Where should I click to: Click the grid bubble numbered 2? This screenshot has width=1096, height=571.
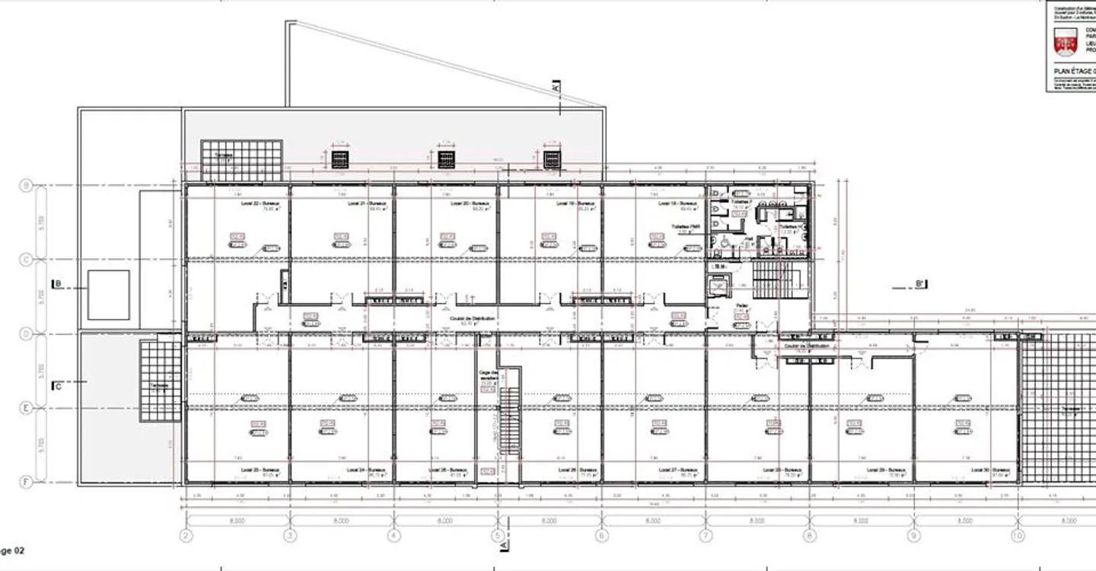185,536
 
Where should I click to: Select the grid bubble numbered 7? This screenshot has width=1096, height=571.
706,536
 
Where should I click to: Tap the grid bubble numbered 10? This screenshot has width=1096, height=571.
1017,536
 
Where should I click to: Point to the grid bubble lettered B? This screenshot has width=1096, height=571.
25,185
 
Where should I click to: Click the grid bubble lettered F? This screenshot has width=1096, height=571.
25,482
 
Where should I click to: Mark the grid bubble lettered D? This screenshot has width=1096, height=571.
25,333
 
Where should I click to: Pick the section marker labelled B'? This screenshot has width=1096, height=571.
919,285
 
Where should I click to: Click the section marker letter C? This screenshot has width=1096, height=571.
57,387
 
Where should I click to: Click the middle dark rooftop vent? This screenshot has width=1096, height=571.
446,159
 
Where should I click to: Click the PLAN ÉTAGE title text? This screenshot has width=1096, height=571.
1073,70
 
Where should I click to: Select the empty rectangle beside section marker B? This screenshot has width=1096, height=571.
108,295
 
